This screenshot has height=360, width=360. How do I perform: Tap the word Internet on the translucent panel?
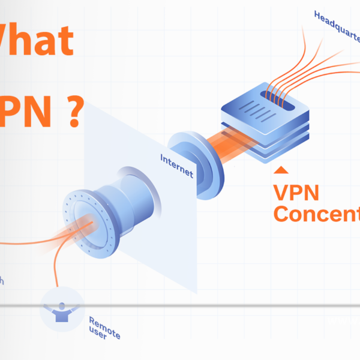(x=177, y=166)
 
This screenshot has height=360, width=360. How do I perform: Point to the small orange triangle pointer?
(x=278, y=172)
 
